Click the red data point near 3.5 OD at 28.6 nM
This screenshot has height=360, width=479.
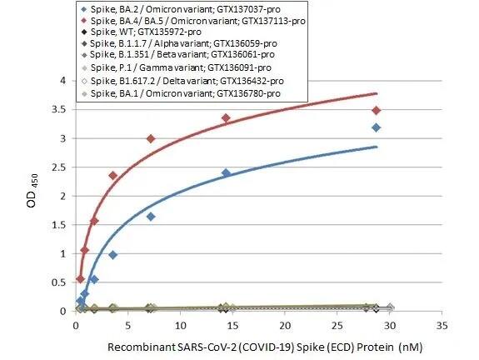tap(377, 110)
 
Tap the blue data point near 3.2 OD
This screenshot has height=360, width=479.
tap(377, 127)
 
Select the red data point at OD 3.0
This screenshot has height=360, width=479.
tap(151, 138)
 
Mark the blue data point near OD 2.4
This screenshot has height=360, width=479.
tap(226, 172)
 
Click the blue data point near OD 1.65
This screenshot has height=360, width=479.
tap(151, 216)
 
